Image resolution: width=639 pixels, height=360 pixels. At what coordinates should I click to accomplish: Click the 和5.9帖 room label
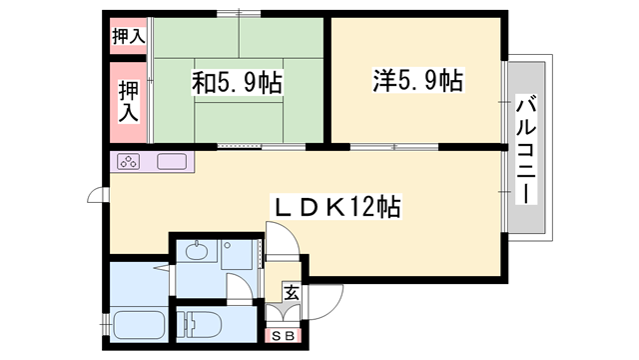(x=237, y=81)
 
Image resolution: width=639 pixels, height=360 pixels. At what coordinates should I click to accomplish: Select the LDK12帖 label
(x=338, y=206)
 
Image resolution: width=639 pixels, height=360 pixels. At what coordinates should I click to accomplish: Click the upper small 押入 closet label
(x=128, y=37)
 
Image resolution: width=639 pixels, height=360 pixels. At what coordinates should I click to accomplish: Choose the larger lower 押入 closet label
(x=128, y=101)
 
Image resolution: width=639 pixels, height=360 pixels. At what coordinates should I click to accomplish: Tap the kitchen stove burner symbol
(x=130, y=161)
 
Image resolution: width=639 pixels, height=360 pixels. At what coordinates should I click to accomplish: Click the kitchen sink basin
(x=170, y=161)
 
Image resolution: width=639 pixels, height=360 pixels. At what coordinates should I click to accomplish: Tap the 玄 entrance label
(x=291, y=294)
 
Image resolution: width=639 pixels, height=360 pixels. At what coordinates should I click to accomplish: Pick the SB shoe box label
(x=283, y=336)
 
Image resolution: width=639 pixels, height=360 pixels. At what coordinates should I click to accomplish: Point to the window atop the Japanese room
(x=238, y=14)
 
